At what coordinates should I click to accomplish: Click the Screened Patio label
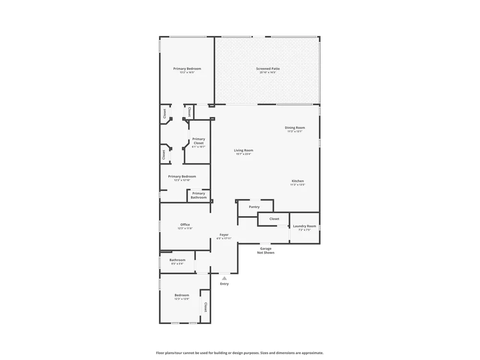(268, 69)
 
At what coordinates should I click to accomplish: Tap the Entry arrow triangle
(224, 278)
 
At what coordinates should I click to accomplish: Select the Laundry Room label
(305, 226)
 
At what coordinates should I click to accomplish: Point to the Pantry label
(254, 207)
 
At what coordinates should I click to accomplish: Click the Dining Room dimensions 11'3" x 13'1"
(295, 132)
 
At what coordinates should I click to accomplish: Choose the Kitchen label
(298, 181)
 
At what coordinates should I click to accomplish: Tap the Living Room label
(244, 150)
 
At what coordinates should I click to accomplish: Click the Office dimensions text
(185, 228)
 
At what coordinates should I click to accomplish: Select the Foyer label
(224, 235)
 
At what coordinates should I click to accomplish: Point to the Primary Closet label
(199, 141)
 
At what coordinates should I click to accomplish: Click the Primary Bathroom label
(199, 195)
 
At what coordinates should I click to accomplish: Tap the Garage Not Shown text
(266, 251)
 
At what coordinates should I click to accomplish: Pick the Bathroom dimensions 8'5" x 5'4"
(178, 264)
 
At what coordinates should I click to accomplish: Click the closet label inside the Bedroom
(206, 307)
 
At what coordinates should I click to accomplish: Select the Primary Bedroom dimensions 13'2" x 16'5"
(187, 72)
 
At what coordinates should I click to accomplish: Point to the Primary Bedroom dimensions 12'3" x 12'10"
(182, 180)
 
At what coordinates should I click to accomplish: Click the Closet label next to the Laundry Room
(274, 219)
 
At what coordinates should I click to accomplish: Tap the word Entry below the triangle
(224, 284)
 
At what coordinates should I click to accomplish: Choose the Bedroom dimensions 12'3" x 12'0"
(182, 299)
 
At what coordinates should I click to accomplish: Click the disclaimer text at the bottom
(240, 353)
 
